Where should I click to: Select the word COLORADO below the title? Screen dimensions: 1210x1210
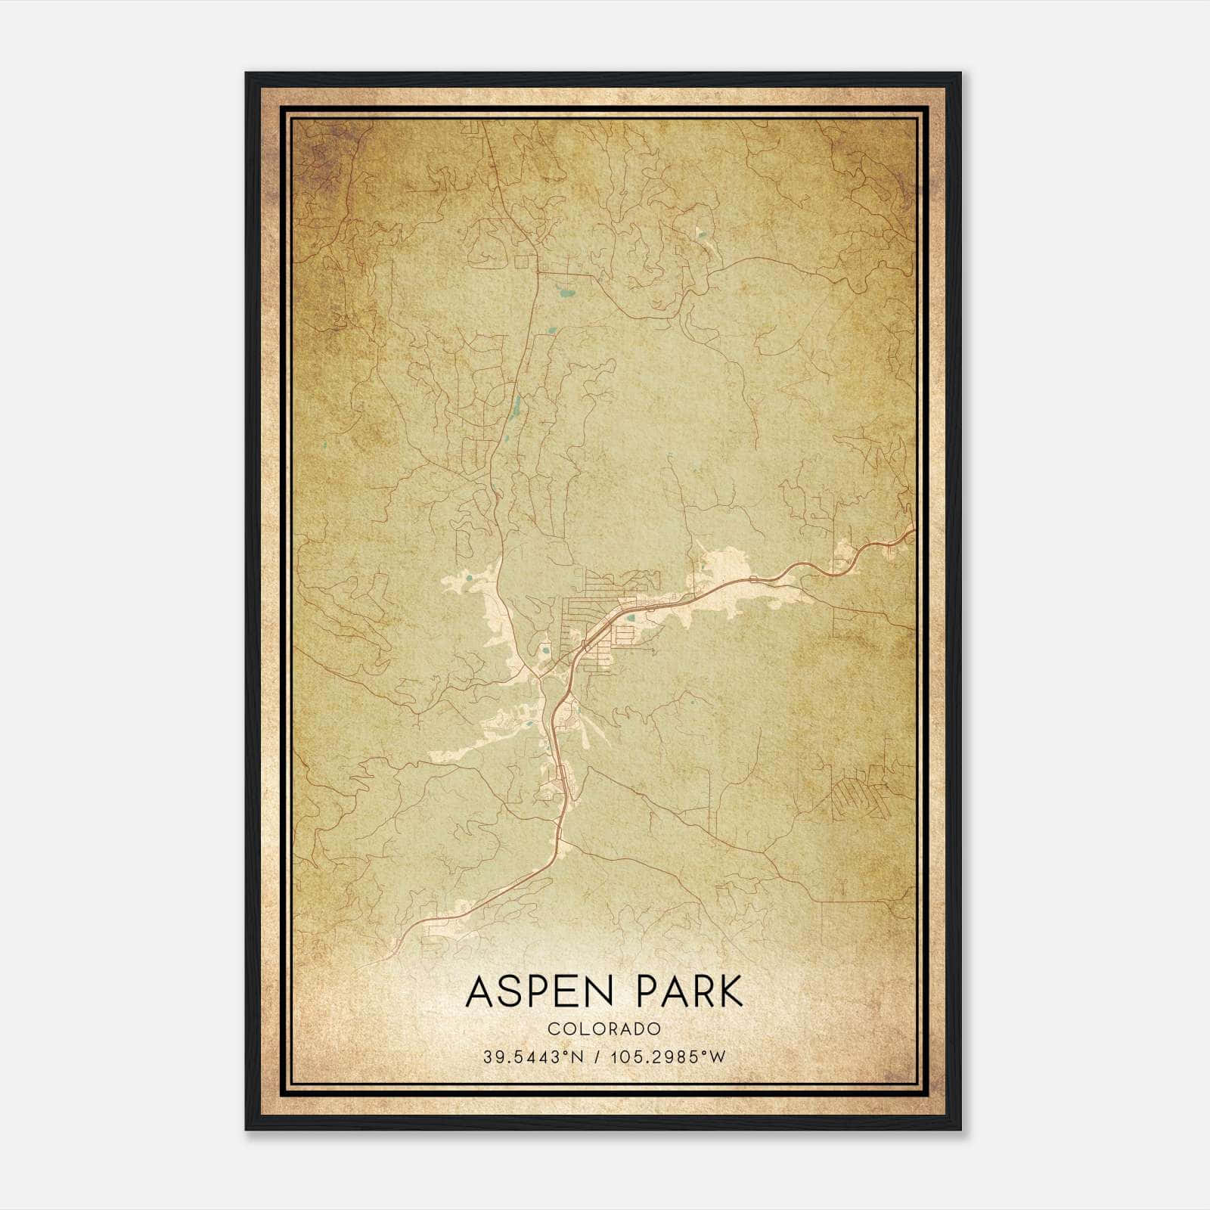point(604,1029)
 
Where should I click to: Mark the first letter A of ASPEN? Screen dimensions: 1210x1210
point(479,992)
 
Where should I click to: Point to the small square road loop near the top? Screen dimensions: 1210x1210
point(522,262)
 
